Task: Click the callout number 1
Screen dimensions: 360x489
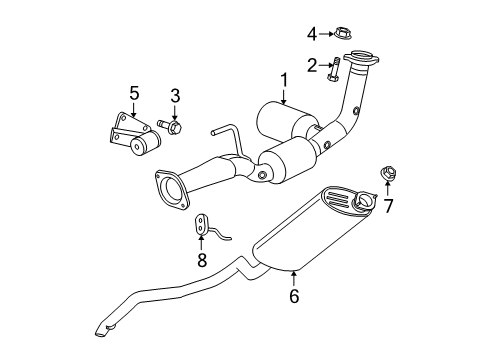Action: click(x=284, y=79)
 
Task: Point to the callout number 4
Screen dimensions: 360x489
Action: click(x=311, y=33)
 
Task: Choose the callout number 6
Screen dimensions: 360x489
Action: click(x=294, y=295)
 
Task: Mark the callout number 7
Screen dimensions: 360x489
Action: click(x=389, y=207)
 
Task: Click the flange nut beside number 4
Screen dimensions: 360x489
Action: click(x=341, y=33)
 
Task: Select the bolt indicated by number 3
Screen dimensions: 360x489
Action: click(x=174, y=128)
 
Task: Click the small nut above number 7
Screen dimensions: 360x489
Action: click(x=386, y=178)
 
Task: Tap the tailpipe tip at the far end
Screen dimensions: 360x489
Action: click(x=105, y=329)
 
